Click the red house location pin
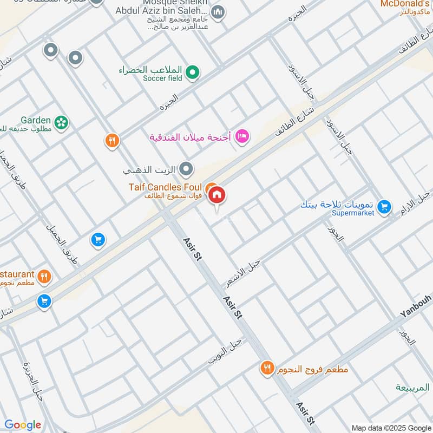[x=217, y=195]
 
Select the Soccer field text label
[x=162, y=78]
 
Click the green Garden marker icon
[x=62, y=122]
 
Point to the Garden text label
[x=36, y=120]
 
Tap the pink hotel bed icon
[x=242, y=136]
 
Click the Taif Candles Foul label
[x=165, y=187]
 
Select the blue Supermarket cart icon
[x=384, y=206]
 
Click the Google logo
[x=22, y=425]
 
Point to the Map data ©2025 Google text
[x=391, y=428]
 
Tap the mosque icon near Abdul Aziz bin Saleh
[x=218, y=12]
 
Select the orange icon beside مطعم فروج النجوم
[x=266, y=369]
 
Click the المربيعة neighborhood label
[x=412, y=388]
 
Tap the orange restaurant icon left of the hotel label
[x=112, y=141]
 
